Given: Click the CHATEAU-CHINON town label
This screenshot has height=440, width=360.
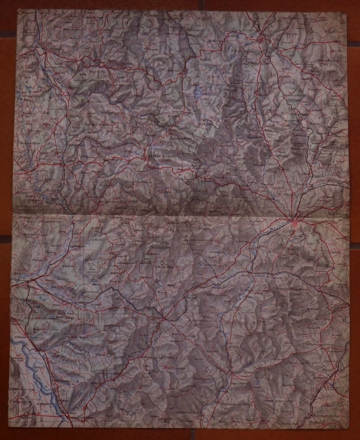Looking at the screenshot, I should pos(160,156).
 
